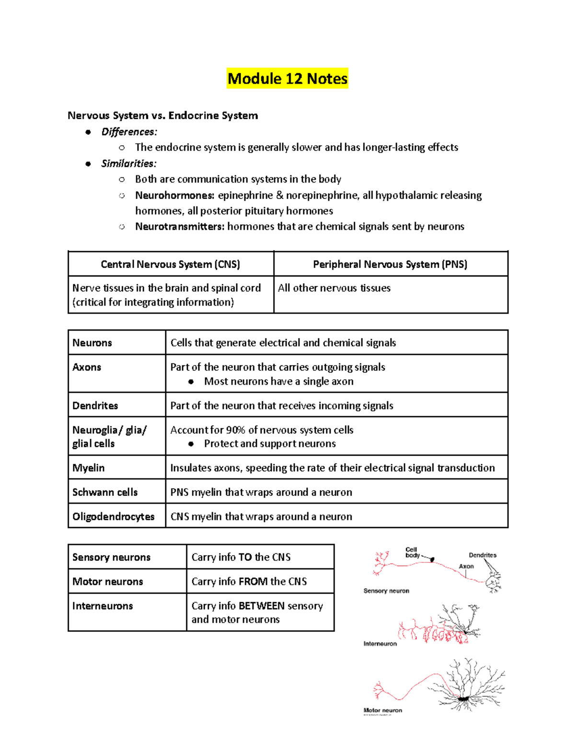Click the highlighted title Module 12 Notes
pyautogui.click(x=287, y=79)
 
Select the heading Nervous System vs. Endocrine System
pyautogui.click(x=162, y=115)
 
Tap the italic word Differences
pyautogui.click(x=129, y=132)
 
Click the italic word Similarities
pyautogui.click(x=128, y=163)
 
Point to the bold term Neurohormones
pyautogui.click(x=174, y=195)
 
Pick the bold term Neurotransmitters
pyautogui.click(x=179, y=227)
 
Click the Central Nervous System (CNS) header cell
pyautogui.click(x=171, y=264)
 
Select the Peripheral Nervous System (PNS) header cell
pyautogui.click(x=390, y=264)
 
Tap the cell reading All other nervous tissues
pyautogui.click(x=334, y=288)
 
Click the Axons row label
pyautogui.click(x=87, y=367)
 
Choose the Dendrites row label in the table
pyautogui.click(x=95, y=406)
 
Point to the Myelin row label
pyautogui.click(x=88, y=468)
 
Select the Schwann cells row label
pyautogui.click(x=105, y=492)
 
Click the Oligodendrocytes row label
pyautogui.click(x=113, y=517)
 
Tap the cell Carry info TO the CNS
pyautogui.click(x=241, y=557)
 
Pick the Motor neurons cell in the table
pyautogui.click(x=108, y=582)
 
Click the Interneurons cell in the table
pyautogui.click(x=103, y=606)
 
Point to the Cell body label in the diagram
pyautogui.click(x=412, y=552)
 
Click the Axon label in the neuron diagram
pyautogui.click(x=466, y=566)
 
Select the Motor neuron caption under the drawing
pyautogui.click(x=383, y=710)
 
